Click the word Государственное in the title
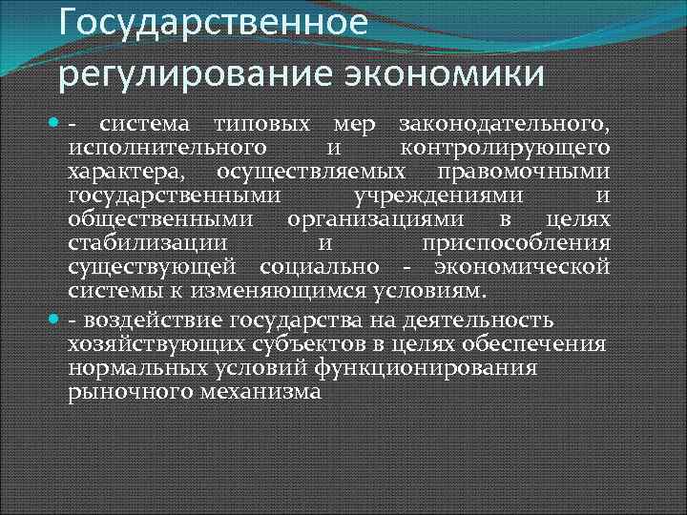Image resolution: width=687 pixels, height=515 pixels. click(212, 20)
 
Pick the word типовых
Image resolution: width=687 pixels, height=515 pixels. click(261, 126)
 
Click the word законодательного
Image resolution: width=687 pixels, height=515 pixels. click(504, 126)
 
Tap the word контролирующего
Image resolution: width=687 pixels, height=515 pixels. click(505, 148)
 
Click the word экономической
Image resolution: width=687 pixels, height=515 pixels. click(522, 265)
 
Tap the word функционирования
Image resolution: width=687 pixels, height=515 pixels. click(446, 367)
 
